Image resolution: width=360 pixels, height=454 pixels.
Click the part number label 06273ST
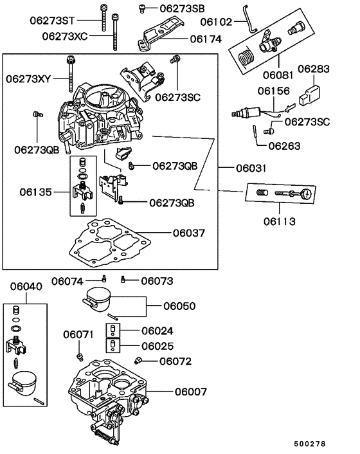point(52,21)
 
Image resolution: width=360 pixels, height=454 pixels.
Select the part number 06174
point(206,39)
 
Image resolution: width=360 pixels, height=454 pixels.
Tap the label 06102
point(216,22)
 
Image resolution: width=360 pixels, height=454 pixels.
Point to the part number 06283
point(314,69)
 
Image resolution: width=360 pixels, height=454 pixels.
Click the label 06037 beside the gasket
point(189,233)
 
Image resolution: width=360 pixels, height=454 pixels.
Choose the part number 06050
point(179,305)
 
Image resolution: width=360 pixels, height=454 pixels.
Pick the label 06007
point(191,392)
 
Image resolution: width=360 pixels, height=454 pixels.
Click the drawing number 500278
point(310,444)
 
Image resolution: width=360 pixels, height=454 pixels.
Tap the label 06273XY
point(28,78)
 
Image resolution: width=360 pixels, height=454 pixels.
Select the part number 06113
point(279,221)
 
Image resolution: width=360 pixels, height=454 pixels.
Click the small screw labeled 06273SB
point(142,8)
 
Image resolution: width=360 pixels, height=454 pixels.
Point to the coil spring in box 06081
point(247,57)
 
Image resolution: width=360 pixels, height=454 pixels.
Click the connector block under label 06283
point(309,95)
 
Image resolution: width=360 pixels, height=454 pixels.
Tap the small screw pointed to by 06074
point(104,279)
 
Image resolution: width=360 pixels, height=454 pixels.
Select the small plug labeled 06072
point(138,361)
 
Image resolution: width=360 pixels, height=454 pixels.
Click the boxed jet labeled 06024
point(113,331)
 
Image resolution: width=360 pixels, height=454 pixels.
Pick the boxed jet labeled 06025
point(113,345)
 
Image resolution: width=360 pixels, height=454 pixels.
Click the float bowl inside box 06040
point(24,384)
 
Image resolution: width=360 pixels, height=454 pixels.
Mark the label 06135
point(35,192)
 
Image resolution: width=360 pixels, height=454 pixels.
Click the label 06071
point(78,334)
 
